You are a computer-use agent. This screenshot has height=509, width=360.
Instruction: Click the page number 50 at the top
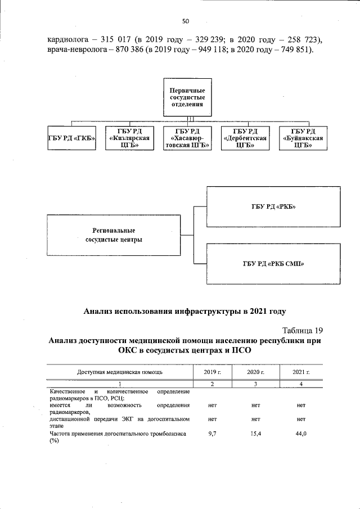186,21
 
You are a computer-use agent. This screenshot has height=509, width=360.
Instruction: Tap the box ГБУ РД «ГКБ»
71,139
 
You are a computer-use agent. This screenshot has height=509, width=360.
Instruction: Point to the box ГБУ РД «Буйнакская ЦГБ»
303,139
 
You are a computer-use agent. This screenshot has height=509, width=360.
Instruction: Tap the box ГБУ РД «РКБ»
274,206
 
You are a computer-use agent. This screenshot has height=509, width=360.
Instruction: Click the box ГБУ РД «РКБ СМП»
274,264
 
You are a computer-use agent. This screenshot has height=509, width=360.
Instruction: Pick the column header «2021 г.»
301,372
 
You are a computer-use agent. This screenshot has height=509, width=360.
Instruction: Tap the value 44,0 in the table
301,434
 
